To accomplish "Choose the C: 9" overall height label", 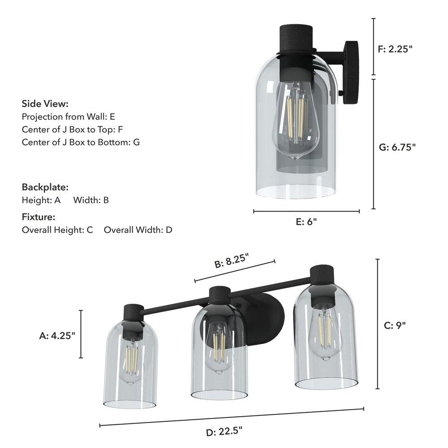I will pos(395,325).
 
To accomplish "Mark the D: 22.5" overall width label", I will pos(224,432).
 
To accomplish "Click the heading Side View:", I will pos(45,104).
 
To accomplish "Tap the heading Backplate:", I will pos(45,187).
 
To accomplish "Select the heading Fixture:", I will pos(39,217).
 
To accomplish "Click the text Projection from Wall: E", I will pos(69,116).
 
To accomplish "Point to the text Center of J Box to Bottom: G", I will pos(81,142).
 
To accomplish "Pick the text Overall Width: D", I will pos(138,230).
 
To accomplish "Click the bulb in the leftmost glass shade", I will pos(131,361).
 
